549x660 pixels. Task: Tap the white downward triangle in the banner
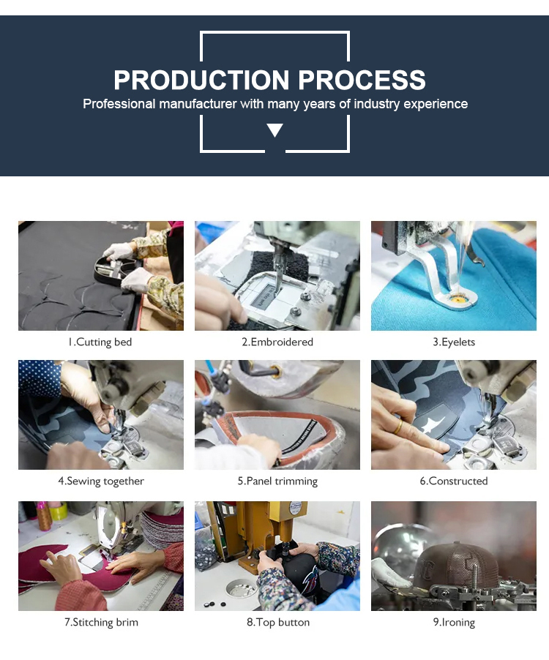tap(274, 130)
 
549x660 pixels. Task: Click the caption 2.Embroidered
tap(277, 342)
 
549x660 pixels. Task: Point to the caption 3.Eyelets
tap(453, 342)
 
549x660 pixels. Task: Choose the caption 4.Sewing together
tap(100, 481)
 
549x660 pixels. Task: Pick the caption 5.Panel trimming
tap(277, 481)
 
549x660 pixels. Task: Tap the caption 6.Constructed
tap(453, 481)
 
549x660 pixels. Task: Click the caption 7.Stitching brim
tap(100, 622)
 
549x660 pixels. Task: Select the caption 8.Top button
tap(277, 622)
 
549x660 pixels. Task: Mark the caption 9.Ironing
tap(453, 622)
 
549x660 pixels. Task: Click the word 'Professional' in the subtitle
tap(119, 104)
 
